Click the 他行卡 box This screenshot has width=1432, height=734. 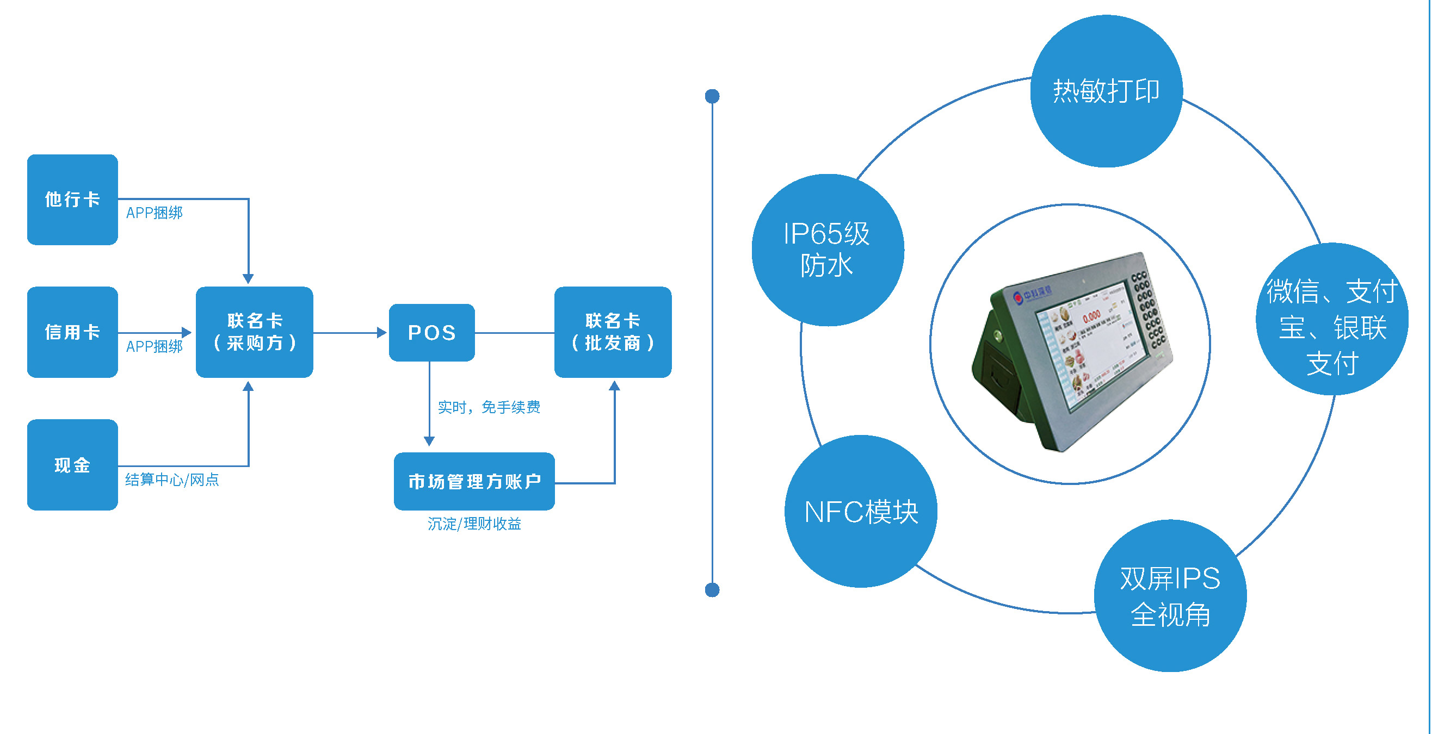tap(72, 200)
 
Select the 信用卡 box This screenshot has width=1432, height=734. tap(72, 332)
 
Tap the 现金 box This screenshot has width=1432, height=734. tap(72, 464)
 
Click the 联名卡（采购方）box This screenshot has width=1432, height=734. tap(255, 332)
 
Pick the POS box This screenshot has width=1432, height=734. tap(432, 332)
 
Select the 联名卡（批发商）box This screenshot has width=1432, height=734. tap(613, 332)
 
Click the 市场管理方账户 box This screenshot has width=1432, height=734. tap(474, 481)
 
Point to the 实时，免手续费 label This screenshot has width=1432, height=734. tap(489, 407)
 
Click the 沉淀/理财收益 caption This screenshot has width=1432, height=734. tap(474, 524)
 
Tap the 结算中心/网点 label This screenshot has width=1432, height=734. tap(172, 480)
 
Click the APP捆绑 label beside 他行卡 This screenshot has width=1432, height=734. tap(154, 213)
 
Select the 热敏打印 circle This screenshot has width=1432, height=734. tap(1106, 91)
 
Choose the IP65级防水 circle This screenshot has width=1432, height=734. tap(827, 250)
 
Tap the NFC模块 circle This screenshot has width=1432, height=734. tap(861, 511)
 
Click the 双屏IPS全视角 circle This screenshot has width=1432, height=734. tap(1170, 596)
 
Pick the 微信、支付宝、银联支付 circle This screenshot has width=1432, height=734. tap(1332, 320)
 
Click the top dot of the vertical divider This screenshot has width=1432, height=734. tap(712, 96)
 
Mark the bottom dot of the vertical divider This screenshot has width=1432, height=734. tap(712, 589)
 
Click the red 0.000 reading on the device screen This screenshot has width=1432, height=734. tap(1091, 317)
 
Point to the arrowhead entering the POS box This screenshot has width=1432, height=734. tap(382, 333)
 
